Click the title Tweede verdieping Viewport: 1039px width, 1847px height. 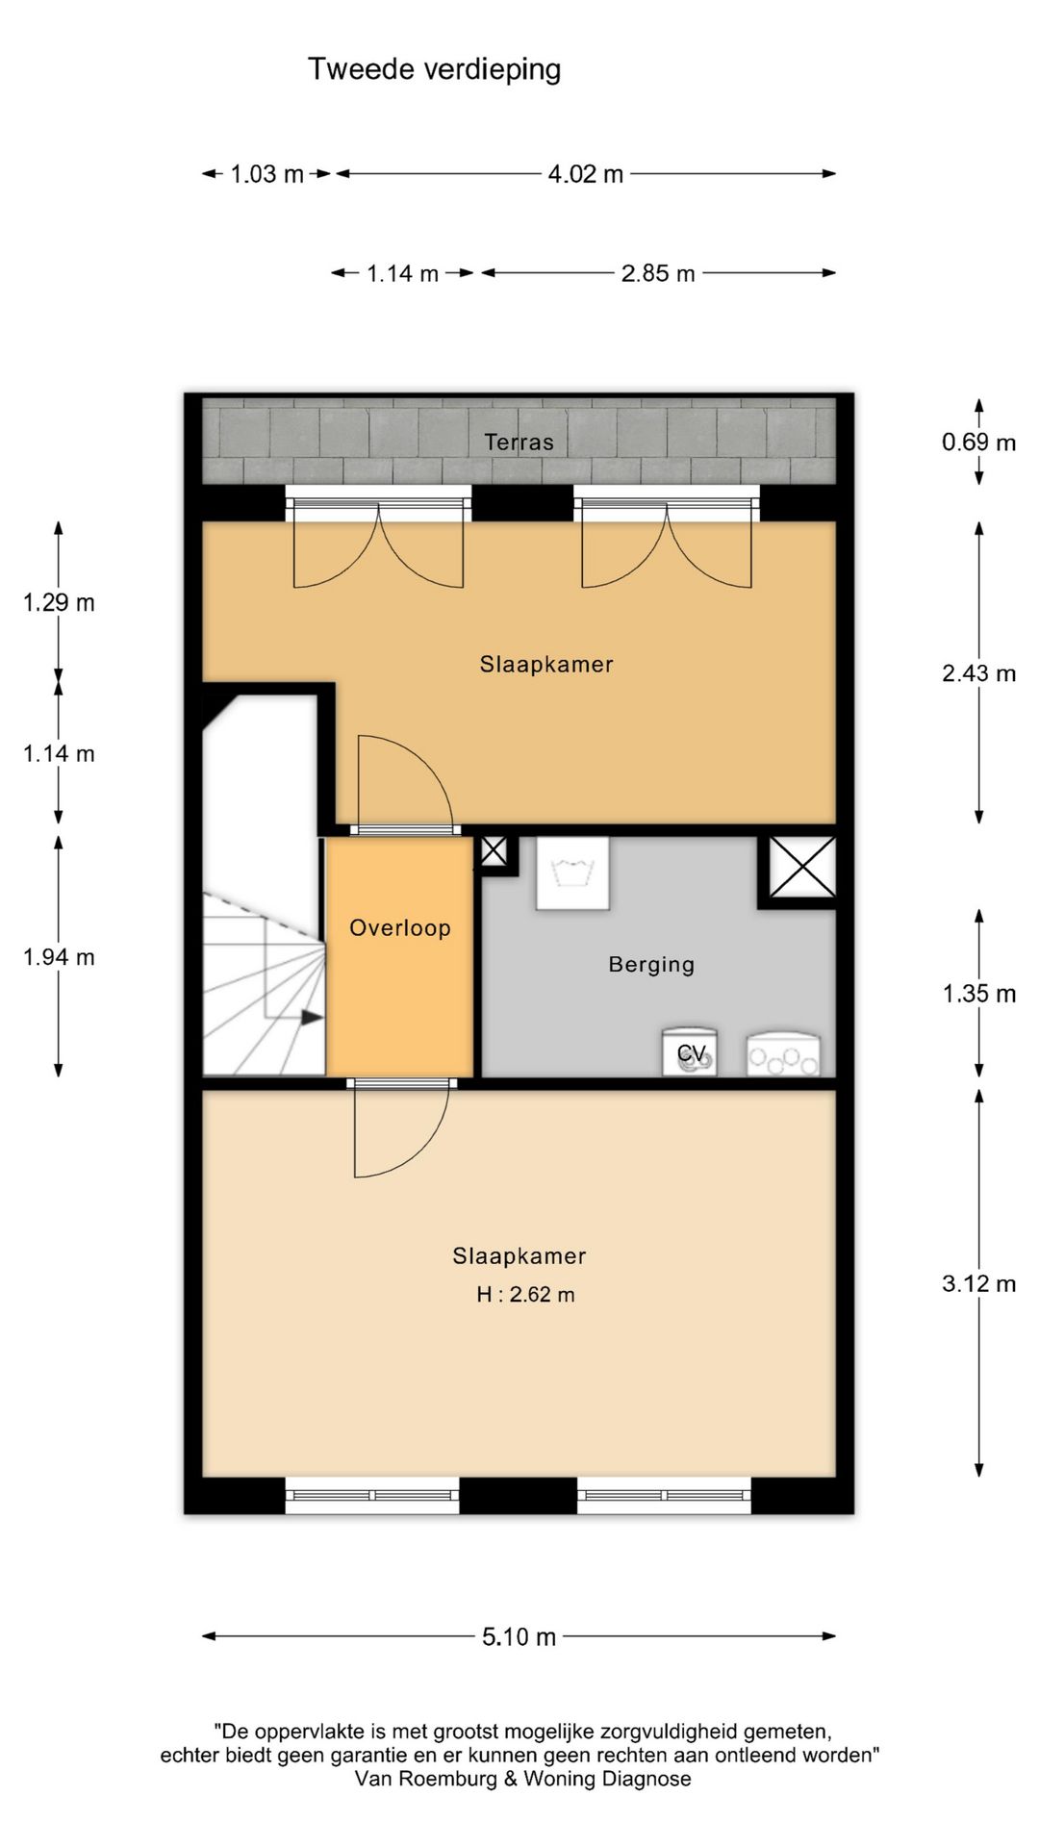pos(434,69)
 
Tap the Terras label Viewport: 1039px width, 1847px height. pos(519,443)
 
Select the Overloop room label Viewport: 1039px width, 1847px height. pos(399,928)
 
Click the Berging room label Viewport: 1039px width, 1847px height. pos(651,965)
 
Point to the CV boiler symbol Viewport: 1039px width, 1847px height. pos(690,1051)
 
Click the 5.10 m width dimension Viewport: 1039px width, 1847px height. pos(519,1636)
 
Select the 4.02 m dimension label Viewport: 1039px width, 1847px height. pos(586,174)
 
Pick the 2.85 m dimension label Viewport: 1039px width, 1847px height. pos(658,273)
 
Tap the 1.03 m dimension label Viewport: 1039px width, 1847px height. pos(266,174)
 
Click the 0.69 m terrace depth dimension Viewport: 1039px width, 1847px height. pos(978,443)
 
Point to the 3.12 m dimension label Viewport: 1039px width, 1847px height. pos(978,1283)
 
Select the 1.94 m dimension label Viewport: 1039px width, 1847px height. pos(59,957)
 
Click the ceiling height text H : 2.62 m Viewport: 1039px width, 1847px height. pos(525,1295)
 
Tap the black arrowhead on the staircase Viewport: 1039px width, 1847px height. pos(312,1016)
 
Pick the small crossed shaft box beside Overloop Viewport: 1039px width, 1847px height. pos(494,852)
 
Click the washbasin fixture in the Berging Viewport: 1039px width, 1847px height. pos(572,873)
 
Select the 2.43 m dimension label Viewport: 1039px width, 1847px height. pos(978,673)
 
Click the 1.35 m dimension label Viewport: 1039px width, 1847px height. pos(978,994)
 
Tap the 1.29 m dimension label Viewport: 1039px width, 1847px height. pos(59,603)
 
